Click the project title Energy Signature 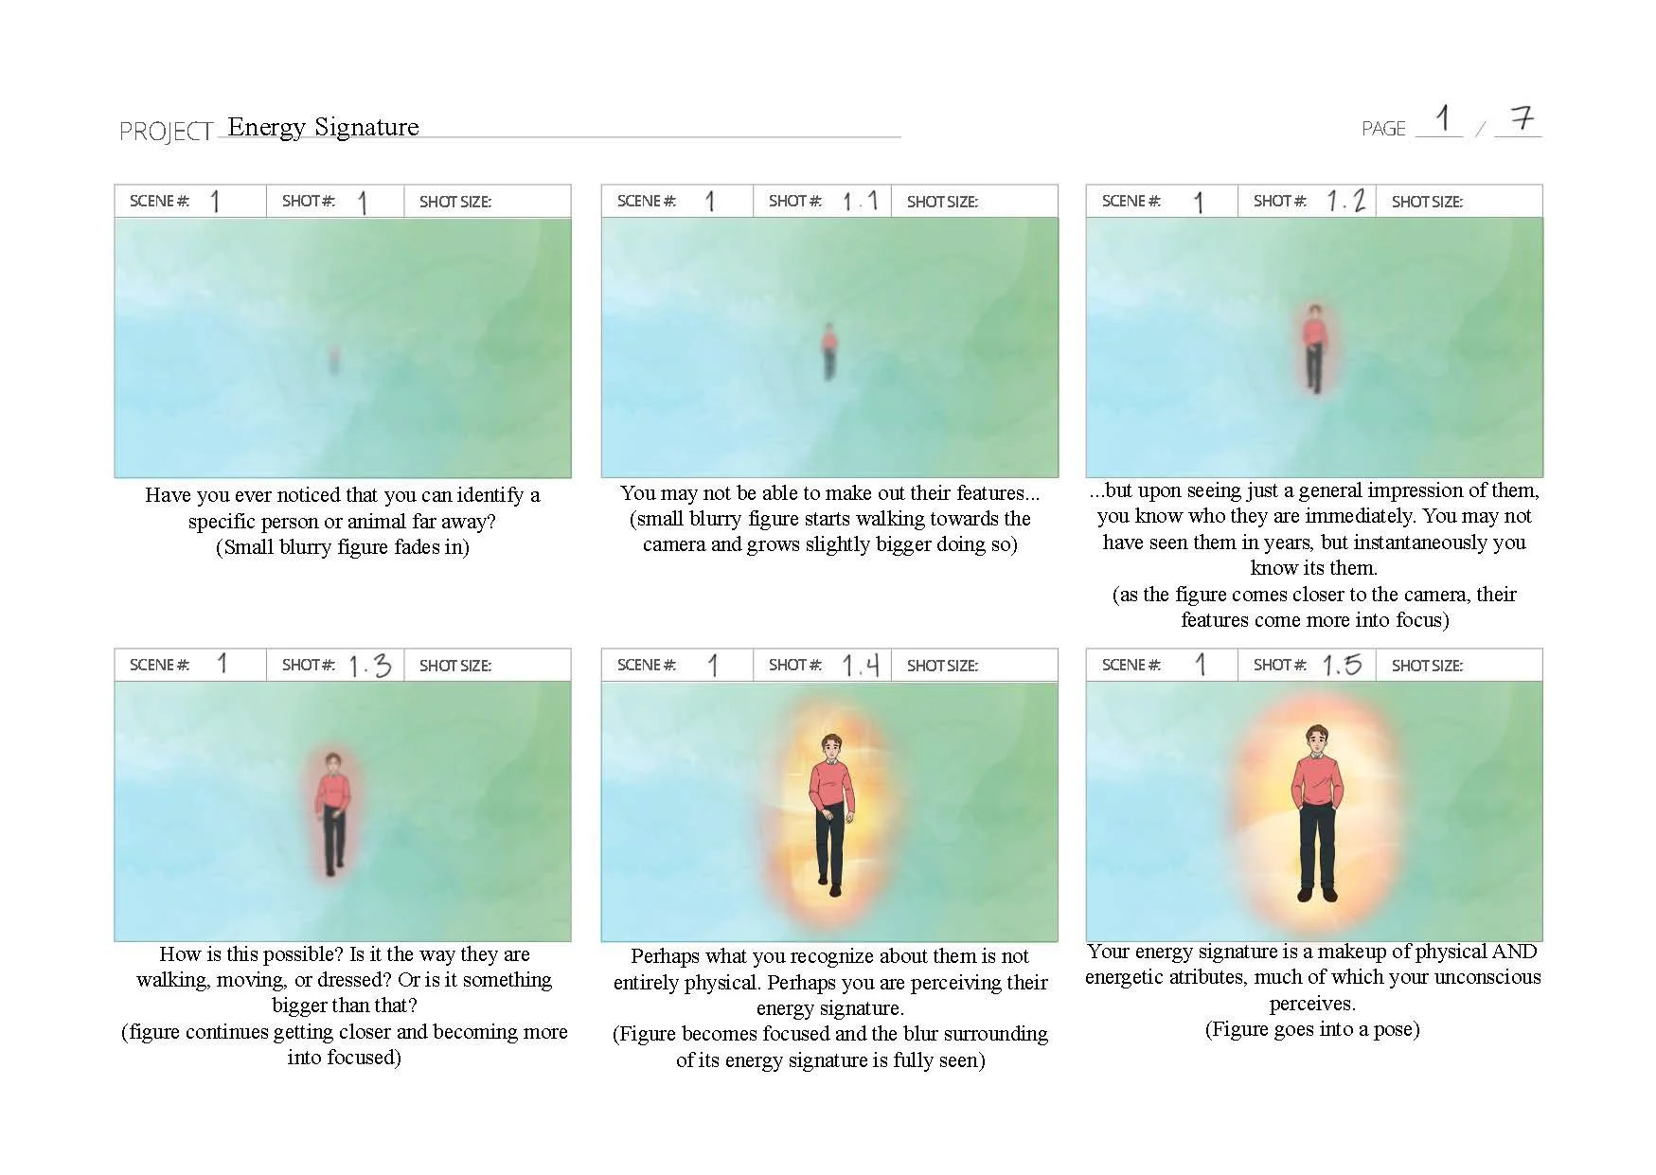point(323,127)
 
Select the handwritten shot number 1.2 point(1345,201)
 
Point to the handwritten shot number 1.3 point(370,666)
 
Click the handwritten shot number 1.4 point(861,666)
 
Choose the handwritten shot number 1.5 point(1343,665)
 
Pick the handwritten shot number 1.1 point(861,201)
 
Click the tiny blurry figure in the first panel point(334,360)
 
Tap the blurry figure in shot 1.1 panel point(829,350)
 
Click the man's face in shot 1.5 point(1317,741)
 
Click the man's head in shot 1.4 point(830,748)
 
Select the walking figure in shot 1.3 point(331,812)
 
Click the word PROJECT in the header point(166,132)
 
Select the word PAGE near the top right point(1383,129)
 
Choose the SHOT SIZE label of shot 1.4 point(942,666)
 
